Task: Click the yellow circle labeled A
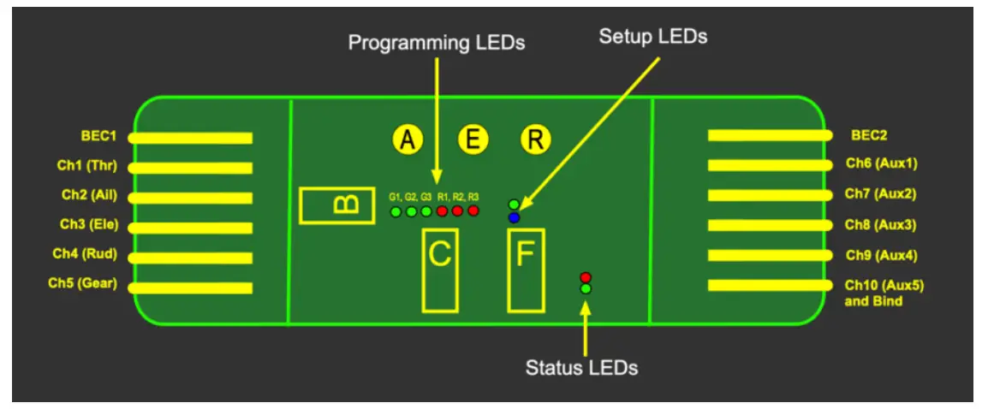pos(408,139)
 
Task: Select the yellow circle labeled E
pos(472,139)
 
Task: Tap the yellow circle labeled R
pos(536,139)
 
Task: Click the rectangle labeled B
pos(336,205)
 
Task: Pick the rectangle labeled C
pos(439,270)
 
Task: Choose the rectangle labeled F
pos(526,270)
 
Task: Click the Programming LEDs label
pos(437,43)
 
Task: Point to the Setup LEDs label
pos(653,37)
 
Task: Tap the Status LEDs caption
pos(581,368)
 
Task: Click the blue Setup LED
pos(514,217)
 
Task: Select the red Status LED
pos(586,277)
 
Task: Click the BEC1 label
pos(98,136)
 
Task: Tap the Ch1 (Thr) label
pos(96,166)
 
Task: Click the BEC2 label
pos(869,134)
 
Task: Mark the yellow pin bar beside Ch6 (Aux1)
pos(769,165)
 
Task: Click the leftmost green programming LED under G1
pos(396,211)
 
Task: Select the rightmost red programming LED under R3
pos(473,211)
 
